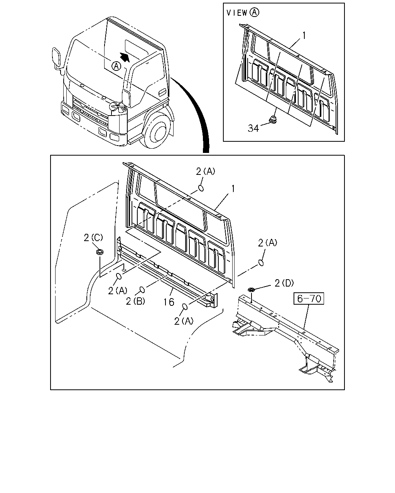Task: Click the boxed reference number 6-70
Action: pyautogui.click(x=309, y=298)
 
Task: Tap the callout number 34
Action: pyautogui.click(x=253, y=128)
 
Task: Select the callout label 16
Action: pyautogui.click(x=169, y=302)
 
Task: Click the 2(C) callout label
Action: pyautogui.click(x=93, y=238)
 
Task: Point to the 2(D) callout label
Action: pyautogui.click(x=284, y=283)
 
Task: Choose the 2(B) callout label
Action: pyautogui.click(x=135, y=301)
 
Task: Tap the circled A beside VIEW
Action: pyautogui.click(x=254, y=12)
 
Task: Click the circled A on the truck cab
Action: pyautogui.click(x=116, y=66)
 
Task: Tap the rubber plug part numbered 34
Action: pyautogui.click(x=273, y=120)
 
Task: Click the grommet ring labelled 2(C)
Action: pyautogui.click(x=100, y=252)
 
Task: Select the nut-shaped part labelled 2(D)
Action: pyautogui.click(x=252, y=290)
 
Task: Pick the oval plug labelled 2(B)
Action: pyautogui.click(x=142, y=290)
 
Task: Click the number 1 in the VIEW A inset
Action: pyautogui.click(x=304, y=36)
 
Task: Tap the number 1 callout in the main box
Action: pyautogui.click(x=233, y=189)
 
